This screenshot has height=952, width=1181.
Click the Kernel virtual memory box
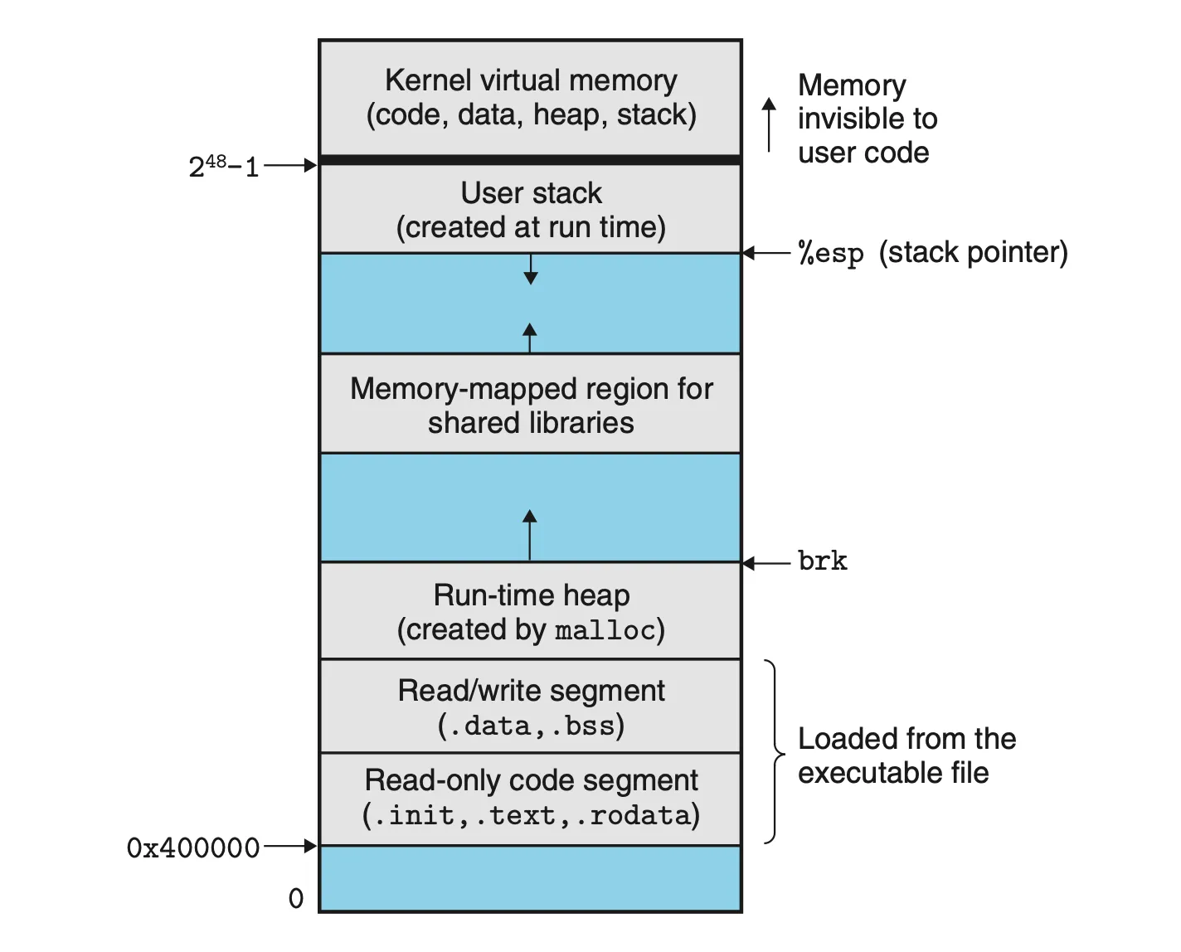click(x=531, y=98)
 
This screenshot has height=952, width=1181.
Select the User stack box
click(x=531, y=209)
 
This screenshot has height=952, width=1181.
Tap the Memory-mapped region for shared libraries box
click(x=531, y=405)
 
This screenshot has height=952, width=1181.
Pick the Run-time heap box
click(x=531, y=612)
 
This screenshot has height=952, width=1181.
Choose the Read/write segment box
click(x=531, y=707)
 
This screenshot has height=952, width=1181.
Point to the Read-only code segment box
click(x=531, y=798)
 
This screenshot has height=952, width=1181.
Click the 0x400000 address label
click(x=192, y=848)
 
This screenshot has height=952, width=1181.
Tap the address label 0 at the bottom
click(x=296, y=898)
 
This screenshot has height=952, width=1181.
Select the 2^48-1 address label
click(x=223, y=167)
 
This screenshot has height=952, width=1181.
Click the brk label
click(x=822, y=561)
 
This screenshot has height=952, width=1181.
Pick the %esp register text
click(x=830, y=253)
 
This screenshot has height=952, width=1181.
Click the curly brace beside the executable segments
click(x=775, y=752)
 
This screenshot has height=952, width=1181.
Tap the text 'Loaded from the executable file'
click(x=906, y=755)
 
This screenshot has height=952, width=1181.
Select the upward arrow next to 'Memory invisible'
click(x=770, y=124)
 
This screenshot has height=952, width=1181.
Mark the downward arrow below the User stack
click(x=531, y=269)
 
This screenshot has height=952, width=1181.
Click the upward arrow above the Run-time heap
click(x=530, y=534)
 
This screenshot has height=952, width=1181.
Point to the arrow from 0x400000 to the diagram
click(x=290, y=847)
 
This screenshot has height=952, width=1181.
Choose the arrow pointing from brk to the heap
click(x=766, y=564)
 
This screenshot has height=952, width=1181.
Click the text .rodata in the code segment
click(x=640, y=816)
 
